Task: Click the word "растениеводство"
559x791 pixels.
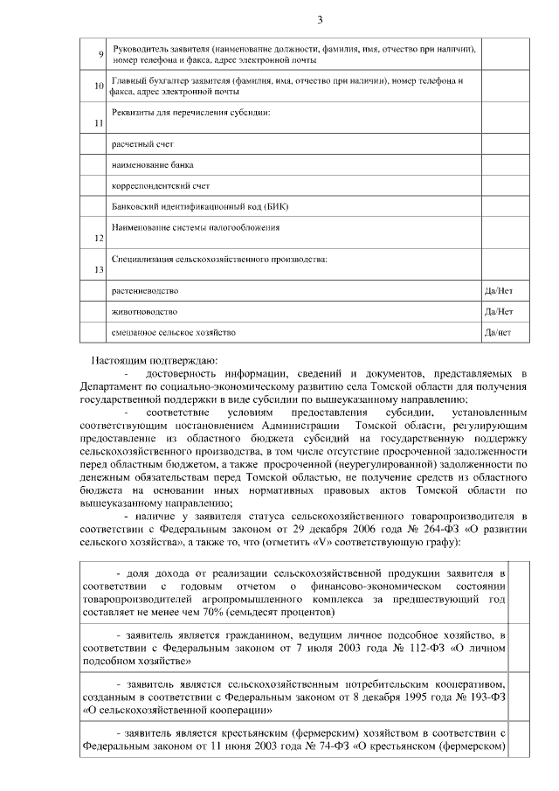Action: [145, 290]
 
